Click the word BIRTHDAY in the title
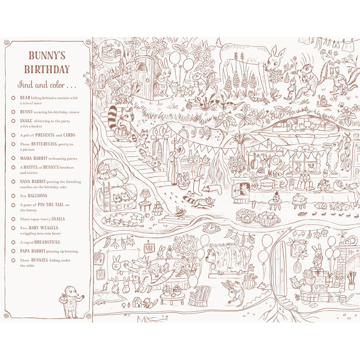[x=47, y=69]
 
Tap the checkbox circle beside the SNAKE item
[x=13, y=121]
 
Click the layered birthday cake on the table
[x=267, y=184]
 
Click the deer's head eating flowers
[x=274, y=61]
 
